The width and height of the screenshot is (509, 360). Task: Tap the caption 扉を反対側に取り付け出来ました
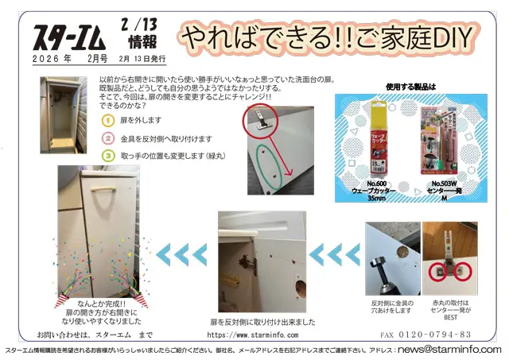click(x=262, y=322)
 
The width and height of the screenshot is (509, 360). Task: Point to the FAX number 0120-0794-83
click(x=425, y=335)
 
